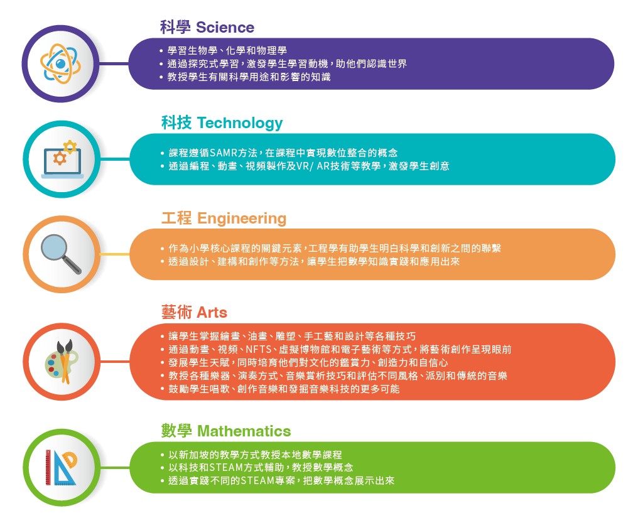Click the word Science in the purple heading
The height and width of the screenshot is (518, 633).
225,28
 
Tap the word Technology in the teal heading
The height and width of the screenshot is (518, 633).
240,124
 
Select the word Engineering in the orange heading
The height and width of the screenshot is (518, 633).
241,219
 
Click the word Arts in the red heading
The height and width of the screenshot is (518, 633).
212,313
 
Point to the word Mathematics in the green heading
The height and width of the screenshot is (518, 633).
244,431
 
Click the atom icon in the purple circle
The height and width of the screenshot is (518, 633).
60,64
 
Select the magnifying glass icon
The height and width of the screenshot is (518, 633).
62,254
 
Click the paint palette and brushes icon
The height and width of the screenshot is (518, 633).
62,362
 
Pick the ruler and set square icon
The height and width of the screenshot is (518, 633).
61,467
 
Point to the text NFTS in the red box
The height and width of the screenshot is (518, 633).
258,349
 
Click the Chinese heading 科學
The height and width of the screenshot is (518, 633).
175,28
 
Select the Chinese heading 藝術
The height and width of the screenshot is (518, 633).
176,313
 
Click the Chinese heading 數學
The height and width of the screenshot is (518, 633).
176,431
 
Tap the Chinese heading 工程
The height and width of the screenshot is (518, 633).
176,219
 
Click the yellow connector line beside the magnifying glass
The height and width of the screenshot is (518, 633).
114,254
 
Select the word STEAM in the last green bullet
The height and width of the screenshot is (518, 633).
257,481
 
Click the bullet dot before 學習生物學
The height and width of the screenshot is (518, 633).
161,51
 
